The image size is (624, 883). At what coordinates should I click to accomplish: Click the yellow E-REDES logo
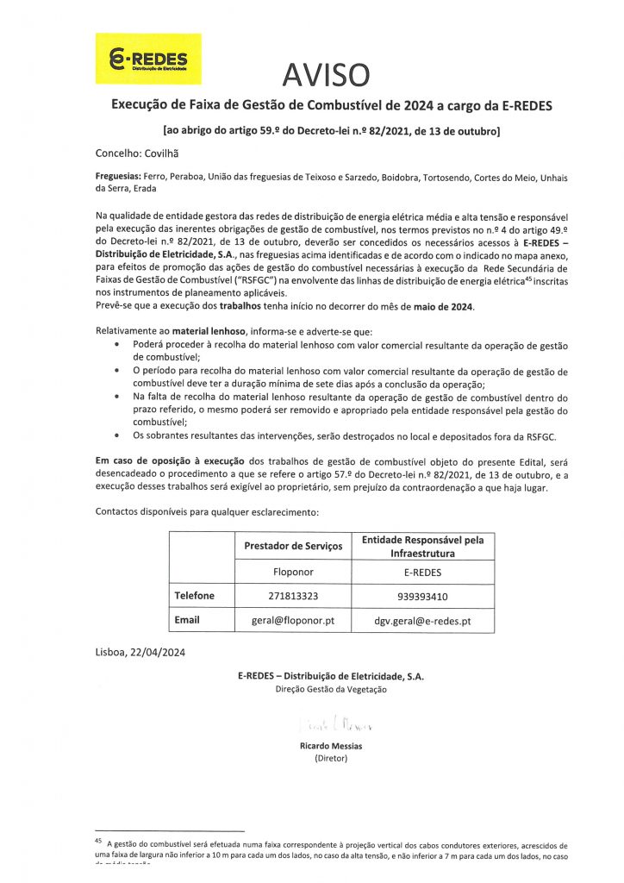pos(147,59)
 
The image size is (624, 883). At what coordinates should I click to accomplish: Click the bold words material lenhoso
pos(206,330)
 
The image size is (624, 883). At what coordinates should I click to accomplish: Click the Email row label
pos(187,620)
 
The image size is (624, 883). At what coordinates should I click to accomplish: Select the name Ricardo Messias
pos(331,745)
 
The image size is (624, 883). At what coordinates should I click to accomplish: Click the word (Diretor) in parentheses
pos(331,758)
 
